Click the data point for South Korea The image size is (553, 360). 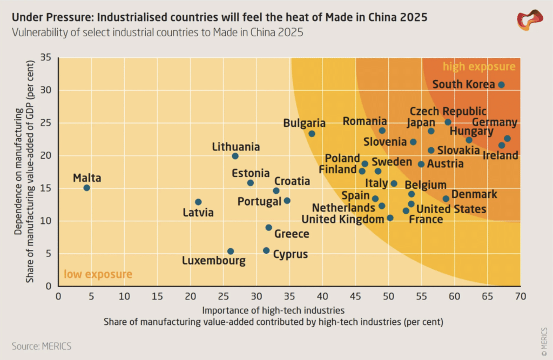coord(501,85)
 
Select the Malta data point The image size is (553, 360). coord(87,188)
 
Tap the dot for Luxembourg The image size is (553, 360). coord(230,252)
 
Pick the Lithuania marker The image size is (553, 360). coord(235,156)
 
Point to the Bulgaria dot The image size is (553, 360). coord(312,134)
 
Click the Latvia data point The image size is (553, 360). coord(198,202)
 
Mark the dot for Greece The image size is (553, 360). coord(269,228)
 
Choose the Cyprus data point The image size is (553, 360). coord(266,250)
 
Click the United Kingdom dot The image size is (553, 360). coord(390,218)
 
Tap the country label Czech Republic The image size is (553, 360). coord(448,111)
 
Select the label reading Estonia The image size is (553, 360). coord(251,173)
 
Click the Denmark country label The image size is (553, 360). coord(474,194)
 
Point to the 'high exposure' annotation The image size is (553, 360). coord(479,66)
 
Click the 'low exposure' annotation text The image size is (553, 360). coord(98,274)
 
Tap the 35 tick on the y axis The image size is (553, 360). coord(46,57)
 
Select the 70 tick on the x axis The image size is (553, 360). coord(521,296)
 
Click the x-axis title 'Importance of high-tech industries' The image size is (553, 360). coord(273,310)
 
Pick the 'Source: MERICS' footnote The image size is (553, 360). coord(42,347)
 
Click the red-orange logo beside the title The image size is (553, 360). coord(530,20)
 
